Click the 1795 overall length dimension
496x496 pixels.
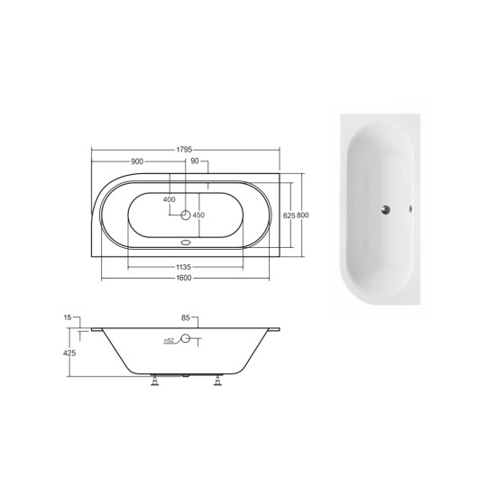[x=184, y=150]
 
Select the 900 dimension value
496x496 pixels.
[x=137, y=161]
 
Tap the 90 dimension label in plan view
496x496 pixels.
[x=195, y=161]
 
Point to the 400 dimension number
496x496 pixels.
[x=170, y=199]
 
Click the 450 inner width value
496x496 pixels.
[x=198, y=216]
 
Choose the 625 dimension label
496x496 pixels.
[x=289, y=216]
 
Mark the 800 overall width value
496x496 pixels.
[x=303, y=216]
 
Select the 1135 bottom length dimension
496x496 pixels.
[x=183, y=268]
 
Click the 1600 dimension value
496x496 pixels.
[x=184, y=278]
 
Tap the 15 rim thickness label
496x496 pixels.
[x=68, y=317]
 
